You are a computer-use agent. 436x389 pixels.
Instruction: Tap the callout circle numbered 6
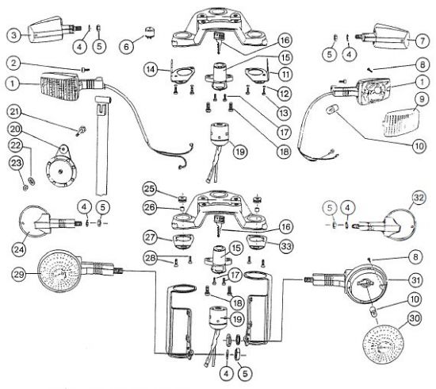tap(127, 47)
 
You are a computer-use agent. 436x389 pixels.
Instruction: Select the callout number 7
tap(423, 40)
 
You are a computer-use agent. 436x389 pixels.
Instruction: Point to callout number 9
tap(422, 99)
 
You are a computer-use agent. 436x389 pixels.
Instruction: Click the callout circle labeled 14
tap(151, 69)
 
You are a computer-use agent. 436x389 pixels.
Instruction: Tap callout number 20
tap(16, 129)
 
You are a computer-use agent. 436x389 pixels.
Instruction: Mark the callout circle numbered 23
tap(16, 163)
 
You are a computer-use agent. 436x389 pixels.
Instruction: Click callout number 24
tap(19, 249)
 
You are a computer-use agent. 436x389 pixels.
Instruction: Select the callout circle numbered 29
tap(19, 274)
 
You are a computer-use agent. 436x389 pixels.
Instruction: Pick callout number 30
tap(415, 318)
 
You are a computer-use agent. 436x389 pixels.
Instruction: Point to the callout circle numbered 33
tap(286, 246)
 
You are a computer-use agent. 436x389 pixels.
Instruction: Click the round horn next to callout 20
tap(60, 168)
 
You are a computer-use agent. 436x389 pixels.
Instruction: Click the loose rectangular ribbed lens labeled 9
tap(400, 122)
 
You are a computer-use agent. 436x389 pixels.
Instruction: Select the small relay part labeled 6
tap(150, 32)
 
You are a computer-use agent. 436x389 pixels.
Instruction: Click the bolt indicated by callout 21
tap(82, 131)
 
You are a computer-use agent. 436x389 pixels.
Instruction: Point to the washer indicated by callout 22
tap(33, 181)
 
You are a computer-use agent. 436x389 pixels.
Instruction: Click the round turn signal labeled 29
tap(59, 271)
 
